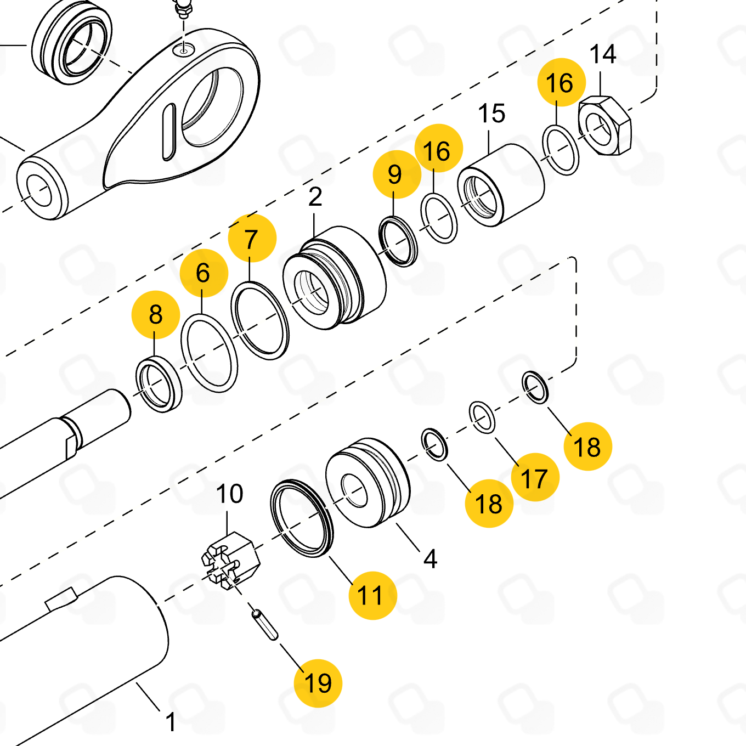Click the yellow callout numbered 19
(x=318, y=683)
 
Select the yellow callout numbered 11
(x=372, y=595)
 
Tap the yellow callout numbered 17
(x=535, y=477)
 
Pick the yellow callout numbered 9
(x=397, y=174)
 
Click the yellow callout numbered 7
(x=252, y=238)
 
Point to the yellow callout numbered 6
(x=204, y=273)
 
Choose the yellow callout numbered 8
(x=156, y=314)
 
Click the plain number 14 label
(x=603, y=54)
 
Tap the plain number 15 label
(x=491, y=114)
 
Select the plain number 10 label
(x=230, y=494)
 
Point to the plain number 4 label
(x=430, y=558)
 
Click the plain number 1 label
(x=171, y=722)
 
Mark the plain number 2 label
(x=315, y=197)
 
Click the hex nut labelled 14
(x=604, y=126)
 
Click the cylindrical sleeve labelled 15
(x=501, y=185)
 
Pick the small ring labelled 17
(x=482, y=417)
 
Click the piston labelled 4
(x=368, y=483)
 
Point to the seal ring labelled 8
(x=159, y=385)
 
